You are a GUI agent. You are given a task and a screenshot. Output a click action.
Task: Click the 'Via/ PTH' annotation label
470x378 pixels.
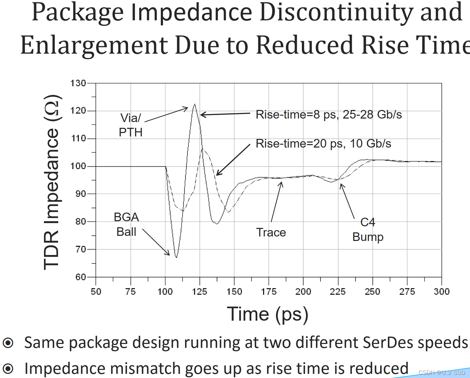point(131,125)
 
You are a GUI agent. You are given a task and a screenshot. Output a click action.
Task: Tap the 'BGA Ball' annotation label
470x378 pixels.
point(126,224)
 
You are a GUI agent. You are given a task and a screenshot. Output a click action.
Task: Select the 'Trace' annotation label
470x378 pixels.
point(271,232)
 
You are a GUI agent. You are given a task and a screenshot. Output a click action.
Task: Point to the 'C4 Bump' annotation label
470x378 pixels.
point(368,229)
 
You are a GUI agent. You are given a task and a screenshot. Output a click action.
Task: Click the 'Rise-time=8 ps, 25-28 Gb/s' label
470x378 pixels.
point(329,114)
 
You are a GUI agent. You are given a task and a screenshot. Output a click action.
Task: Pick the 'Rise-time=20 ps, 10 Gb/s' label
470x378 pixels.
point(323,143)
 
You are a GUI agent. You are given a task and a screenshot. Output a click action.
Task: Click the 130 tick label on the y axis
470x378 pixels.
point(78,83)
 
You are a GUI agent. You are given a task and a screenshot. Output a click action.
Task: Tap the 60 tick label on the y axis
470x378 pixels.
point(81,277)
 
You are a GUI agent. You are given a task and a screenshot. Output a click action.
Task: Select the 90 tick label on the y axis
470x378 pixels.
point(81,194)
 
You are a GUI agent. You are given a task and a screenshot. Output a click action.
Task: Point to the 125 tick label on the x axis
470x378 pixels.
point(200,291)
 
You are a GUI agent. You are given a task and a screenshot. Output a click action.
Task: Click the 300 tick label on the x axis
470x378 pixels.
point(441,291)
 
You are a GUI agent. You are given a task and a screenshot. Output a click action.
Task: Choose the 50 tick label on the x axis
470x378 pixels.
point(96,291)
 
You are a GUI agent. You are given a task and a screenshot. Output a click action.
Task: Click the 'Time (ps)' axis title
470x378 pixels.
point(267,314)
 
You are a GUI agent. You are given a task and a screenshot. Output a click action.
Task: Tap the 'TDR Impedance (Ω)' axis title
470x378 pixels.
point(52,182)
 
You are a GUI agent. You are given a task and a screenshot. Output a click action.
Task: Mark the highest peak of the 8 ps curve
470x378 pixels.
point(195,104)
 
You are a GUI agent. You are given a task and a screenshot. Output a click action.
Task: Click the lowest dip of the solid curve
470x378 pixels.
point(176,257)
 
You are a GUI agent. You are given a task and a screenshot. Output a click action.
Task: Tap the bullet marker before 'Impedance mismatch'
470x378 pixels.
point(8,369)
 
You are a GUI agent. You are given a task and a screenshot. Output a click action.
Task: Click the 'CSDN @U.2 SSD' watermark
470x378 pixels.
point(442,372)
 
